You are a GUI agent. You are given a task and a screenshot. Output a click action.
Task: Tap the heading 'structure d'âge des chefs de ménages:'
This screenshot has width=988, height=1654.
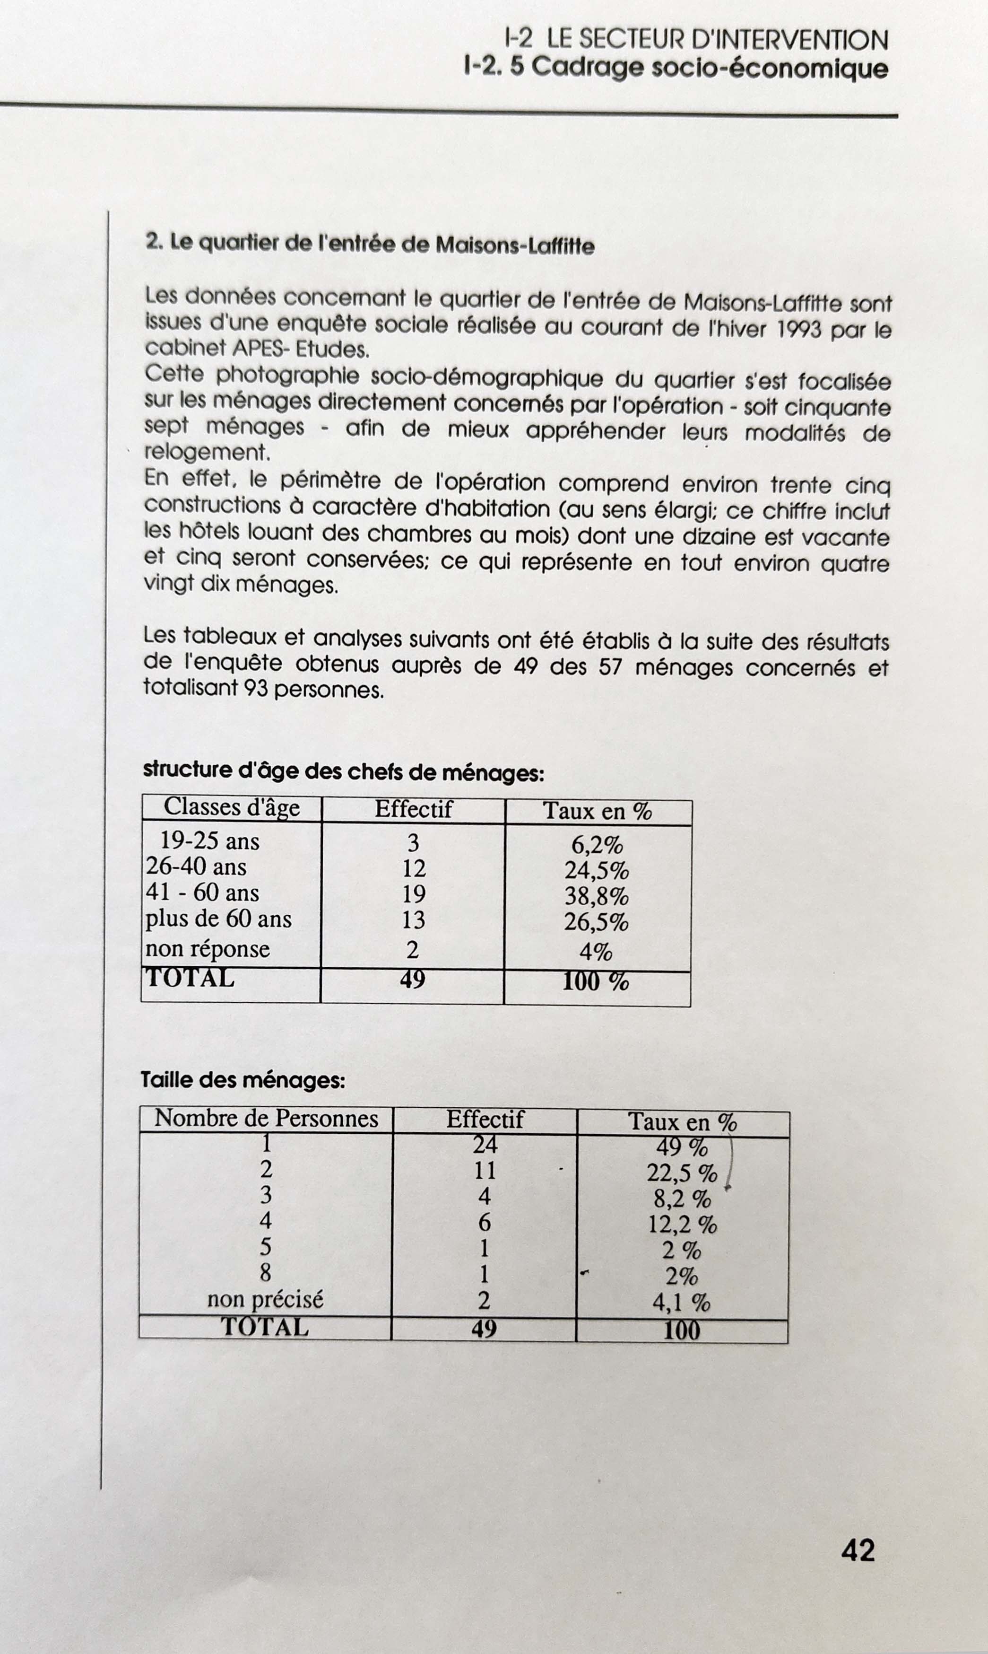[x=344, y=771]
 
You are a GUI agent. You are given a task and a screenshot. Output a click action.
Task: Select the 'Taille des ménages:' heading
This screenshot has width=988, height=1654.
[x=243, y=1080]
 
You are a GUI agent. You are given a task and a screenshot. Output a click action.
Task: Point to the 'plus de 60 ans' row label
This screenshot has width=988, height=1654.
[x=218, y=919]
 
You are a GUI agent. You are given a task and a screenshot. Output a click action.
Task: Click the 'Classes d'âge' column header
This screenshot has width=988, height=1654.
[x=232, y=807]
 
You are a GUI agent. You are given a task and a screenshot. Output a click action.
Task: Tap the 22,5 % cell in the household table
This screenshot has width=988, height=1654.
[x=682, y=1173]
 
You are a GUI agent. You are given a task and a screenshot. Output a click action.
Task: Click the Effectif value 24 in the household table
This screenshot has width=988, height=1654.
[x=485, y=1145]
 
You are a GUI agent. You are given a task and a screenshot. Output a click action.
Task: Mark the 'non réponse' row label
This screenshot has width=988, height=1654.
[x=208, y=949]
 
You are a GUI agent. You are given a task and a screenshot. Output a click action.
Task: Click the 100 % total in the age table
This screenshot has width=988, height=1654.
[x=595, y=981]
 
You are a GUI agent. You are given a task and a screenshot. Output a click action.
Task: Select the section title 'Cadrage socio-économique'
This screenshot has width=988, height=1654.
[x=710, y=69]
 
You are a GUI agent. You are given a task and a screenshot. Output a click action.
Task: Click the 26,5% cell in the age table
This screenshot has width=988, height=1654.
[x=596, y=923]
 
